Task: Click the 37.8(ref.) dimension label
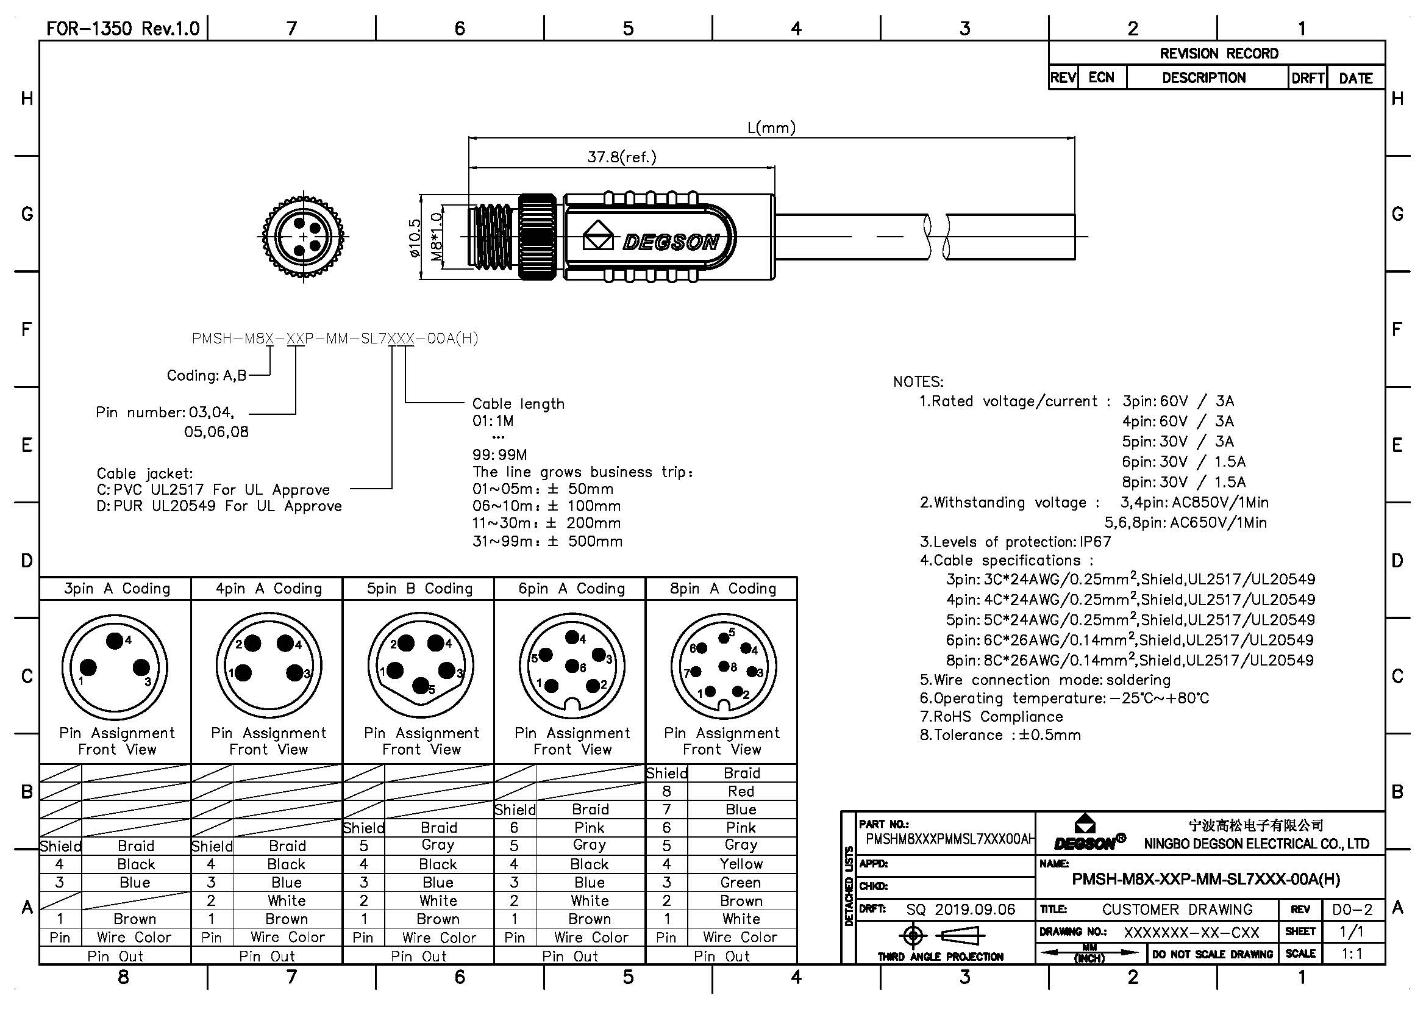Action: [x=622, y=157]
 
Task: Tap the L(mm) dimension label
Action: [x=771, y=128]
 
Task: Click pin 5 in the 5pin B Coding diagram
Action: [x=421, y=686]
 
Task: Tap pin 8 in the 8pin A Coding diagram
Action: [x=724, y=666]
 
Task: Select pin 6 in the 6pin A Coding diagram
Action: [x=572, y=666]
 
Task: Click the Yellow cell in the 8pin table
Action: [x=741, y=864]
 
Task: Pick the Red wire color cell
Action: [x=741, y=791]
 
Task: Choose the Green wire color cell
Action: [x=741, y=882]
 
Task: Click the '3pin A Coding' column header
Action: [x=117, y=588]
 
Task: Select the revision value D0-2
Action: [x=1352, y=910]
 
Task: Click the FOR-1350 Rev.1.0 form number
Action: [x=123, y=29]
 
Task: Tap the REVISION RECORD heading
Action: [x=1219, y=54]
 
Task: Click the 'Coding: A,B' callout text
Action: [x=207, y=375]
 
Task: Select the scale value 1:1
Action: [x=1352, y=953]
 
